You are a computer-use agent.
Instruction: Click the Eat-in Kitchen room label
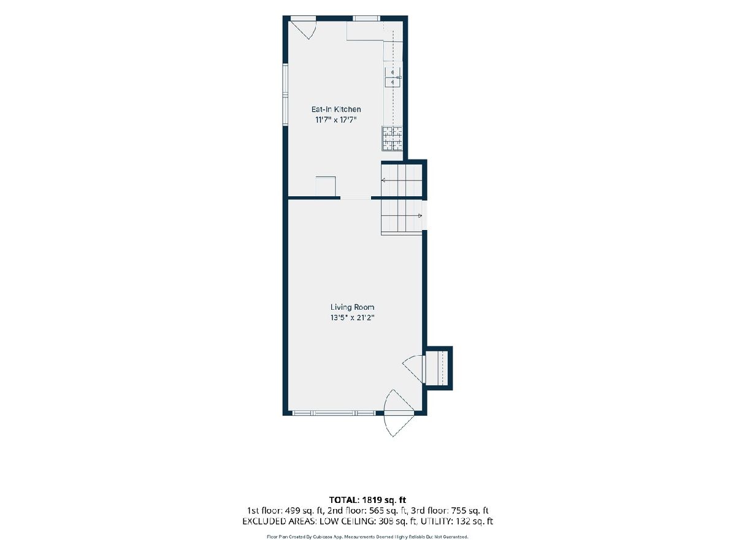[x=336, y=109]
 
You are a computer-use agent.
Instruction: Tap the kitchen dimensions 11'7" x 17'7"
[x=336, y=120]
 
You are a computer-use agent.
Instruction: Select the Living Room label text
[x=352, y=307]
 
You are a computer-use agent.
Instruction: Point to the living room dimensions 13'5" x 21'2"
[x=352, y=318]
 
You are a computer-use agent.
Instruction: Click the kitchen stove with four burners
[x=392, y=139]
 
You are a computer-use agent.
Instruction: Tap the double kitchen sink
[x=393, y=77]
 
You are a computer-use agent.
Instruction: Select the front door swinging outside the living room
[x=399, y=413]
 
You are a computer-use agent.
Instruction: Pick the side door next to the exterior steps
[x=413, y=369]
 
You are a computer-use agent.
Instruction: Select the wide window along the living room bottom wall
[x=334, y=413]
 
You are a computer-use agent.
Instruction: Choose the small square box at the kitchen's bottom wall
[x=326, y=186]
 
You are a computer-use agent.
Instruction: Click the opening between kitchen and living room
[x=356, y=198]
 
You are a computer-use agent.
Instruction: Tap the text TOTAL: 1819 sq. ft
[x=367, y=500]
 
